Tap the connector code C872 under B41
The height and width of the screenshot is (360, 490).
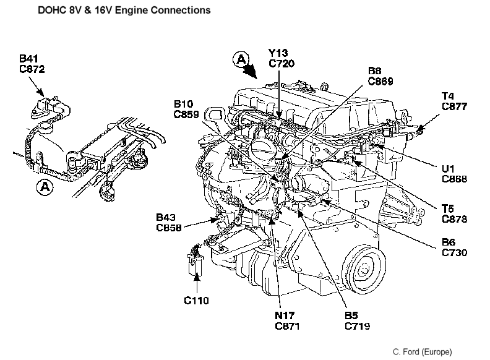[32, 69]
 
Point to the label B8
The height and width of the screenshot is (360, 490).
[375, 71]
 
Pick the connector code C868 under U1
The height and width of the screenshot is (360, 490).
[455, 180]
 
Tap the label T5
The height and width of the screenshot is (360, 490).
[449, 209]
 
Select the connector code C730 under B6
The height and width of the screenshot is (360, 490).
[455, 252]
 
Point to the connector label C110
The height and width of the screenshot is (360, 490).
[197, 301]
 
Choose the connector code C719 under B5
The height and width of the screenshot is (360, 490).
[358, 325]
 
